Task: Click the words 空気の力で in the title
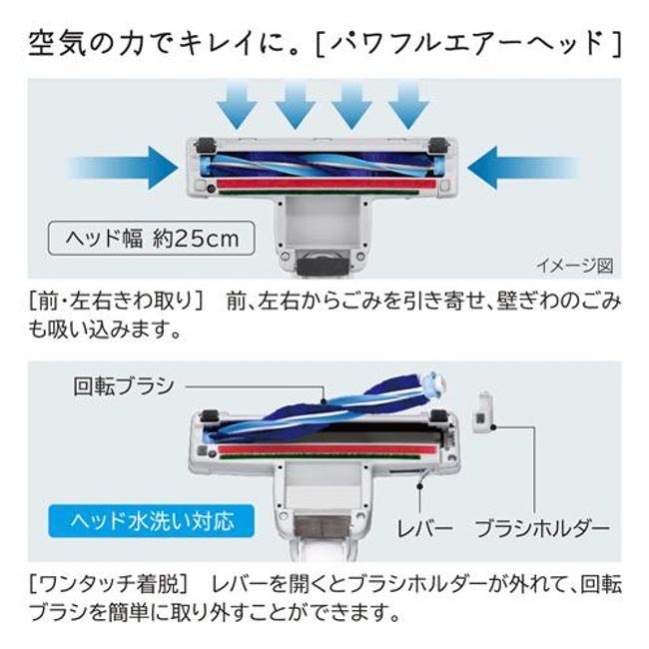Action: pyautogui.click(x=100, y=42)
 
